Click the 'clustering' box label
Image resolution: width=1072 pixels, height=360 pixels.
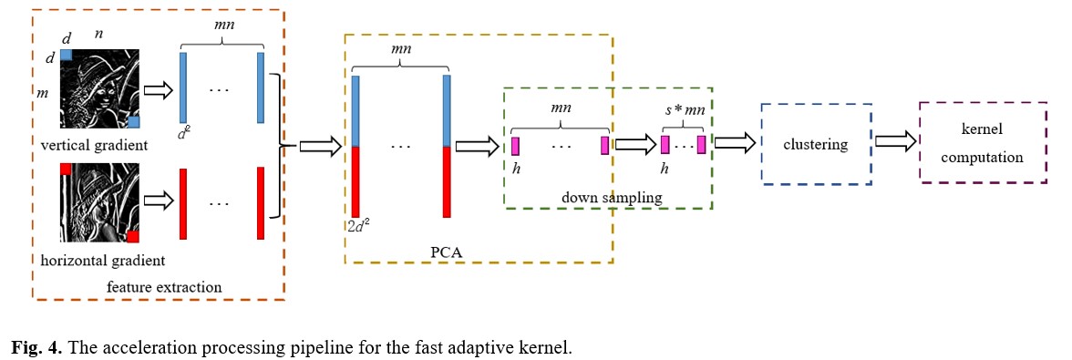[815, 144]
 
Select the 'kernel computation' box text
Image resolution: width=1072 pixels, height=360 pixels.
[982, 145]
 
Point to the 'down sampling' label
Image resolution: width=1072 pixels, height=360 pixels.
[599, 196]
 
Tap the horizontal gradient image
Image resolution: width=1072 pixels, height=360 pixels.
[100, 204]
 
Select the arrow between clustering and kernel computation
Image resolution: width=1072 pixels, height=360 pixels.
[896, 142]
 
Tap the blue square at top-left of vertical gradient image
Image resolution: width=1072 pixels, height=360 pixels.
[67, 54]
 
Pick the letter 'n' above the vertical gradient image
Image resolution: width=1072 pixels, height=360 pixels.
[98, 35]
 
